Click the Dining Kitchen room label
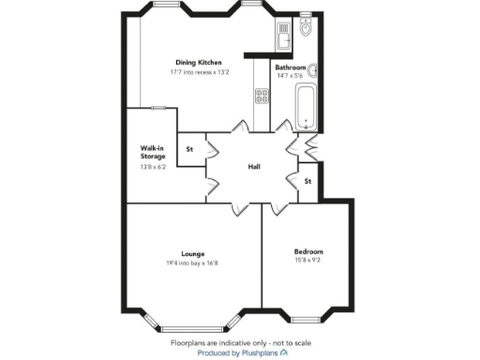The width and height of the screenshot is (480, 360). pyautogui.click(x=198, y=62)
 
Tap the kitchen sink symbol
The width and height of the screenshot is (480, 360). pyautogui.click(x=283, y=36)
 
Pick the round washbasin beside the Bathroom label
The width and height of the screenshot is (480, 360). pyautogui.click(x=314, y=68)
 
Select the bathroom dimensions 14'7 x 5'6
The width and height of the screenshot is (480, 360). pyautogui.click(x=290, y=76)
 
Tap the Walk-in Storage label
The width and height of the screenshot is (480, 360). pyautogui.click(x=153, y=152)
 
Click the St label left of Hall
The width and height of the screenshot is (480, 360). pyautogui.click(x=189, y=149)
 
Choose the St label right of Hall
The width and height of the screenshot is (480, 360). pyautogui.click(x=307, y=181)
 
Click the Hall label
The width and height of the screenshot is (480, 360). pyautogui.click(x=253, y=167)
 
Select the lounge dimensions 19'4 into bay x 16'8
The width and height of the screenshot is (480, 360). pyautogui.click(x=193, y=262)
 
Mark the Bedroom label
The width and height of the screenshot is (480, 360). pyautogui.click(x=308, y=251)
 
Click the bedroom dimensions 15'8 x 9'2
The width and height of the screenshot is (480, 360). pyautogui.click(x=308, y=260)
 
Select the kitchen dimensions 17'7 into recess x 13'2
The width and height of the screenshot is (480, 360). pyautogui.click(x=198, y=70)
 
